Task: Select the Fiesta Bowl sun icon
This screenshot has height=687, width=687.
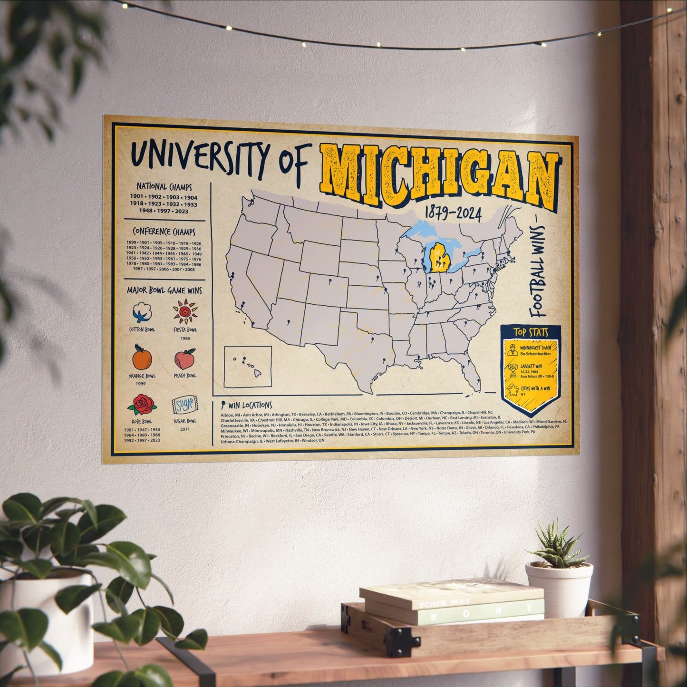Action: (185, 311)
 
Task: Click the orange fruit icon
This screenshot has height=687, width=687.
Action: (142, 358)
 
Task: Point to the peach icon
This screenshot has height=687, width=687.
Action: (185, 359)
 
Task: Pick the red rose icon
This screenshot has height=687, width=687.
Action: (141, 404)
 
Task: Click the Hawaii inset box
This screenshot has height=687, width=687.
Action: (248, 366)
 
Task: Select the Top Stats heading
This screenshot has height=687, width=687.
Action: (531, 332)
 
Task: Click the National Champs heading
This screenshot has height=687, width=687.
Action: (164, 187)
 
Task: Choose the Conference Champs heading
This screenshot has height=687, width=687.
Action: (164, 232)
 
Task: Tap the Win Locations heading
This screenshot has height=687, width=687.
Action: (250, 406)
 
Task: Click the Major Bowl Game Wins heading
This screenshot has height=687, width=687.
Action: (164, 290)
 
